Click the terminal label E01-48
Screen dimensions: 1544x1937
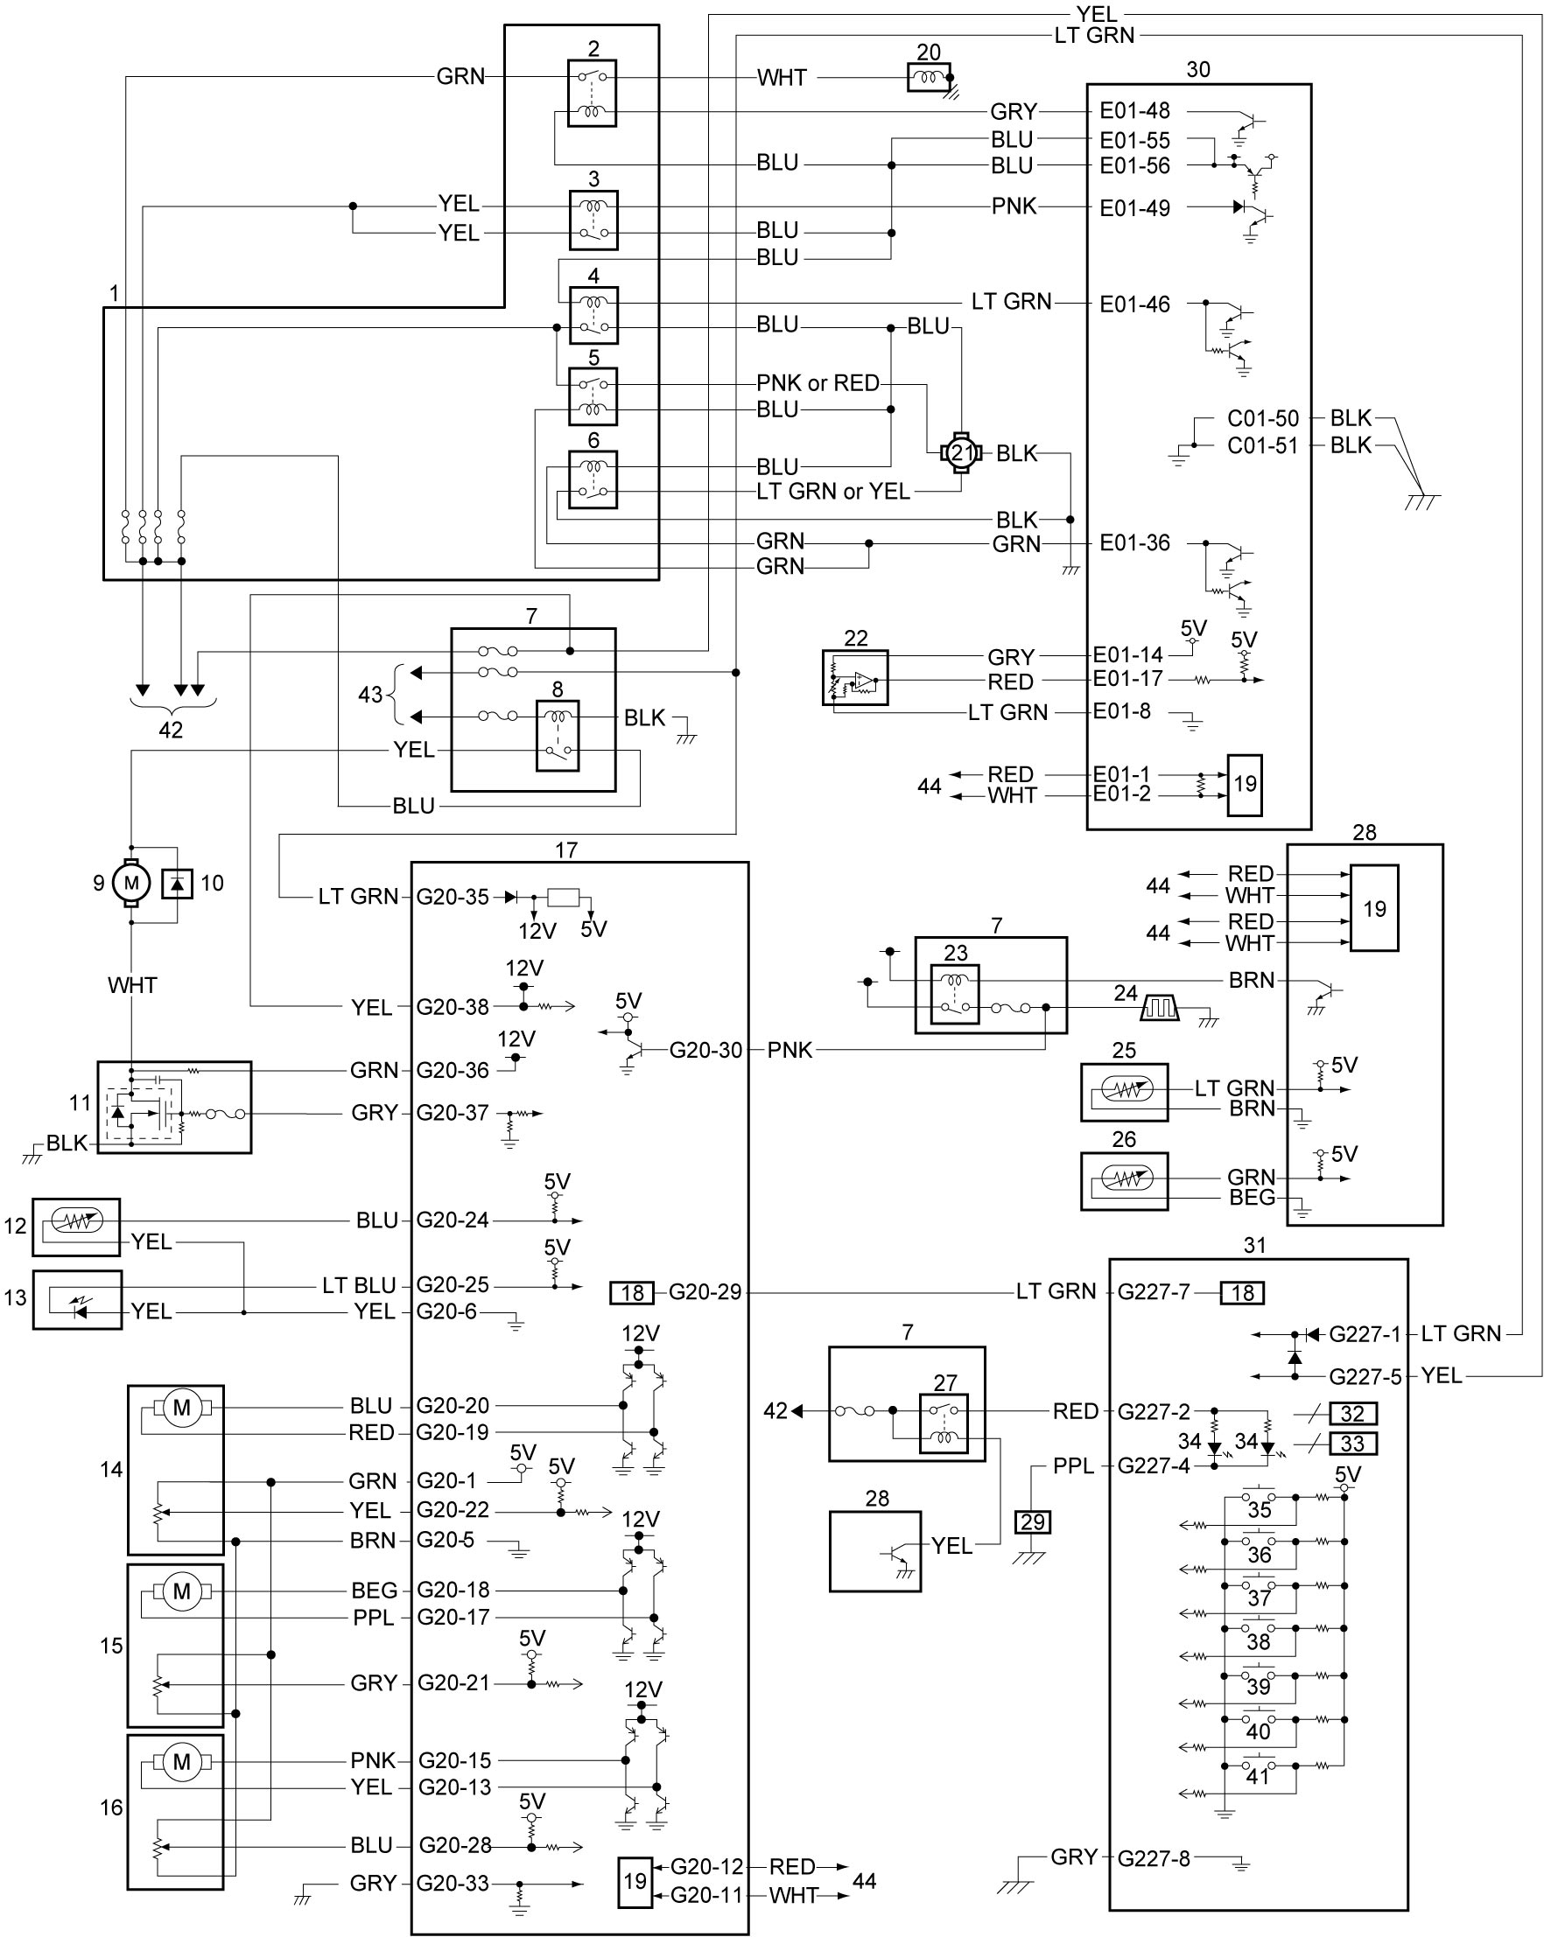(x=1134, y=110)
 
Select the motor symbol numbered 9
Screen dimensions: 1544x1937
(x=131, y=882)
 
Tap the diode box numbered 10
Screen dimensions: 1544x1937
(x=178, y=884)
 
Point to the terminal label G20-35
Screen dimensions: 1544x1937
(x=452, y=896)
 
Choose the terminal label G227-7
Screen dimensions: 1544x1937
(x=1153, y=1292)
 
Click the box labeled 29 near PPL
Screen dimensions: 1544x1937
(x=1033, y=1522)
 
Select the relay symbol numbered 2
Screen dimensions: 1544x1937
(x=593, y=94)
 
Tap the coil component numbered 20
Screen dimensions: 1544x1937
(x=930, y=77)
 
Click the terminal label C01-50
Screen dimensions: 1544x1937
(x=1263, y=418)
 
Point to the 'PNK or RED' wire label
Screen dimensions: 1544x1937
(x=818, y=383)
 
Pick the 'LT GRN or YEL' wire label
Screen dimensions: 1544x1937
(x=833, y=492)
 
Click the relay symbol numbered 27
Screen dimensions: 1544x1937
(x=944, y=1423)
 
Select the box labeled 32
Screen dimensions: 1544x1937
(x=1352, y=1413)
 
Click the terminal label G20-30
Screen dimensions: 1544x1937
(x=705, y=1049)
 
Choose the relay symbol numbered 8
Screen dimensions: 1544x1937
(x=558, y=737)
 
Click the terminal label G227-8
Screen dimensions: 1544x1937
(x=1153, y=1857)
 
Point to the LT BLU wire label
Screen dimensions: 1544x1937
(x=359, y=1284)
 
